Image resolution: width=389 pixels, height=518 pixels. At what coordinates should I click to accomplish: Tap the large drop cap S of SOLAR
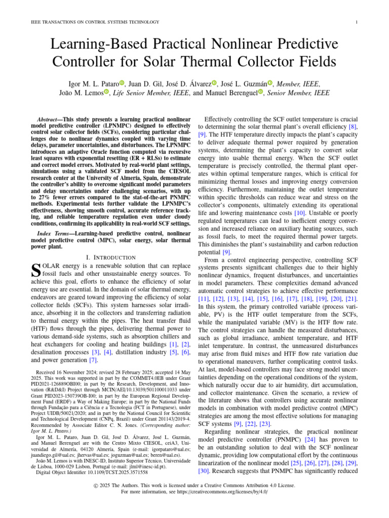(x=35, y=271)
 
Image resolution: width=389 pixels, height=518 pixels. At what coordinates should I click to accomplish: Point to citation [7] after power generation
(x=93, y=360)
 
